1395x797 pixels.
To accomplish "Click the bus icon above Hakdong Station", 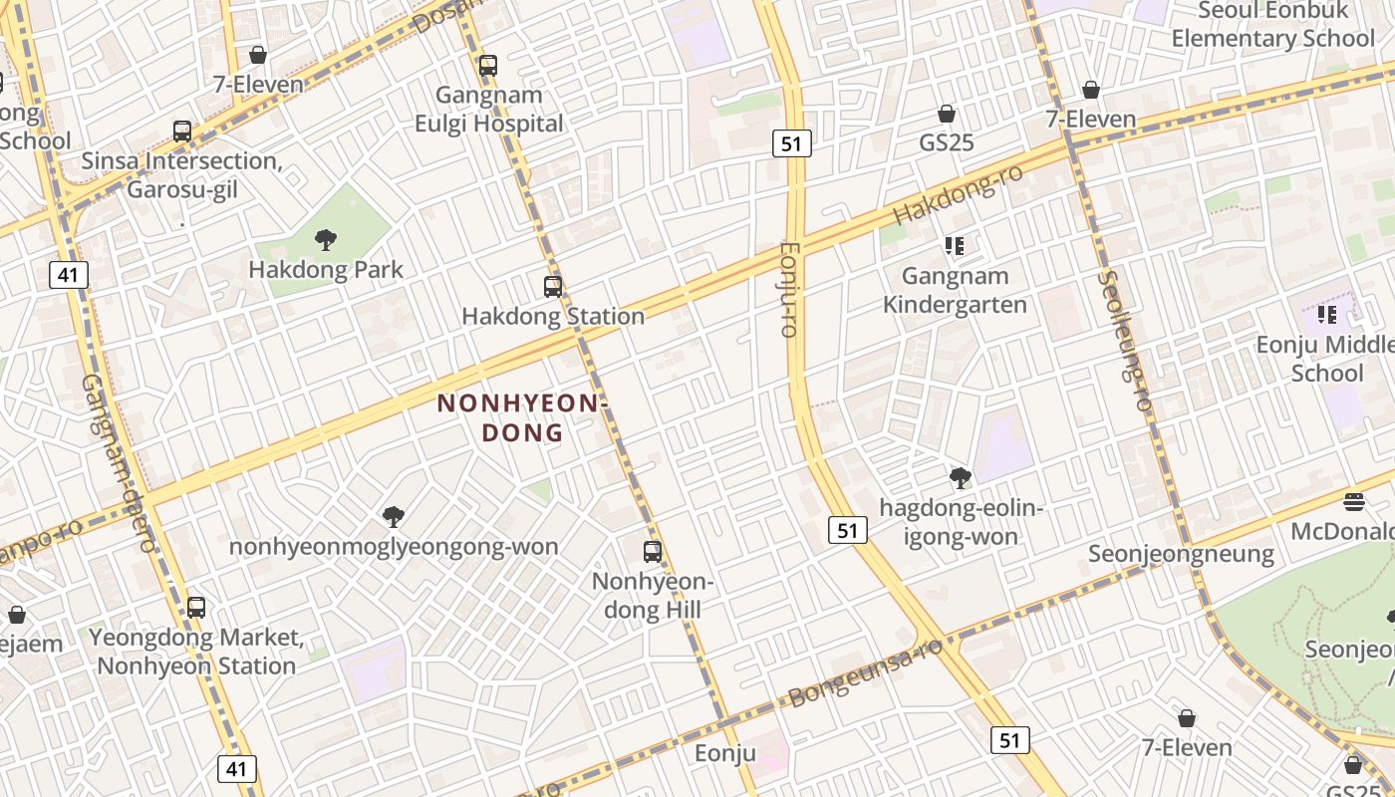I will [x=553, y=287].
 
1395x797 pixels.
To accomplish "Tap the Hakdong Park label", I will [x=326, y=269].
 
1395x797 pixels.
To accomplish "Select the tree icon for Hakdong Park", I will [x=325, y=239].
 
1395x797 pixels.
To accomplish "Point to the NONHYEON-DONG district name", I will [x=522, y=417].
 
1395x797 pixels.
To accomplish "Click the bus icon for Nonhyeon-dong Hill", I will [x=653, y=551].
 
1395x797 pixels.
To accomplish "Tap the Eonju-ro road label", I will [x=789, y=290].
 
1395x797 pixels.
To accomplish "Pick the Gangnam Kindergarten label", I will [x=955, y=290].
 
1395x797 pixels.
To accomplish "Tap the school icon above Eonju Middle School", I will [x=1326, y=315].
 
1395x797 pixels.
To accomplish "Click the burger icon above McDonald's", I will [x=1353, y=501].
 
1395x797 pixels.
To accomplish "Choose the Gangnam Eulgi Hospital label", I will [x=489, y=109].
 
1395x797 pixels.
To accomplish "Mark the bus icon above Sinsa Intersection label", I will [x=182, y=131].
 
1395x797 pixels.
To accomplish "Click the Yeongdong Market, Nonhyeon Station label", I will [x=196, y=652].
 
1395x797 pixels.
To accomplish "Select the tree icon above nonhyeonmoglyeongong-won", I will [x=394, y=516].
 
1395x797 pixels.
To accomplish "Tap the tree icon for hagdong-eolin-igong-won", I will [x=961, y=478].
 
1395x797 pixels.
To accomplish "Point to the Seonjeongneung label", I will [x=1181, y=554].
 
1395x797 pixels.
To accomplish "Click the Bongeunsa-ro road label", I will [x=865, y=673].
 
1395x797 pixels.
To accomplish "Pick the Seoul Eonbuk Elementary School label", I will [x=1272, y=25].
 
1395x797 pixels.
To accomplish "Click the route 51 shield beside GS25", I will [x=791, y=143].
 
